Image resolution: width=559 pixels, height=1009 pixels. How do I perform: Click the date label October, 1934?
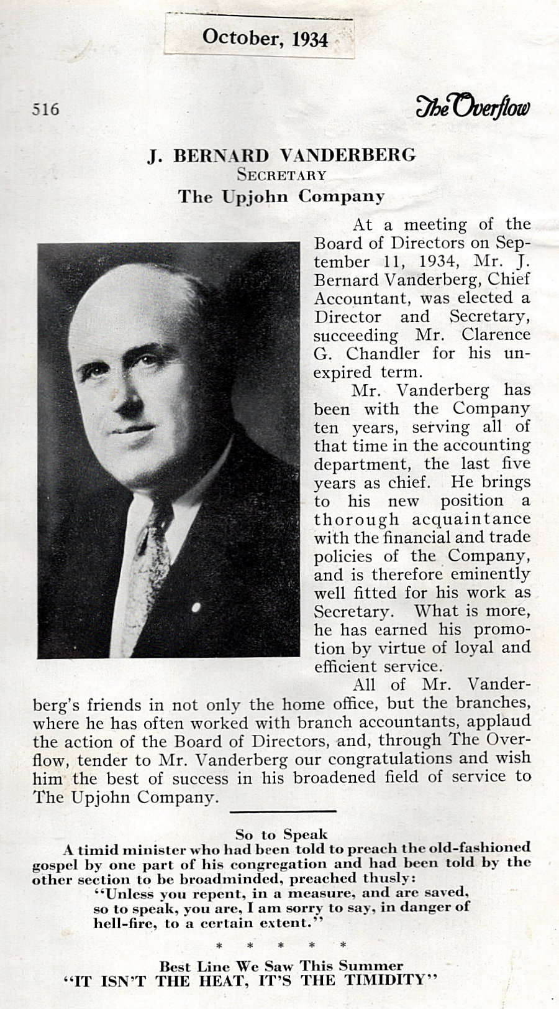click(x=265, y=38)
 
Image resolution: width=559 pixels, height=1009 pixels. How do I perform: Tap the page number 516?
click(x=45, y=109)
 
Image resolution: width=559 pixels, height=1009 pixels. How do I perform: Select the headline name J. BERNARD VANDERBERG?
click(x=281, y=155)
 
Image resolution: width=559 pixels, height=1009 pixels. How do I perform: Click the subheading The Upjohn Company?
click(x=281, y=196)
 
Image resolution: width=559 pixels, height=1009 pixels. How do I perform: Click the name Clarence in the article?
click(x=496, y=334)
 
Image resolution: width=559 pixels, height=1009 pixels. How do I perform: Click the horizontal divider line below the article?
click(x=283, y=811)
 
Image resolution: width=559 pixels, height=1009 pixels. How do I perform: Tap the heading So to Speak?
click(x=281, y=834)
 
